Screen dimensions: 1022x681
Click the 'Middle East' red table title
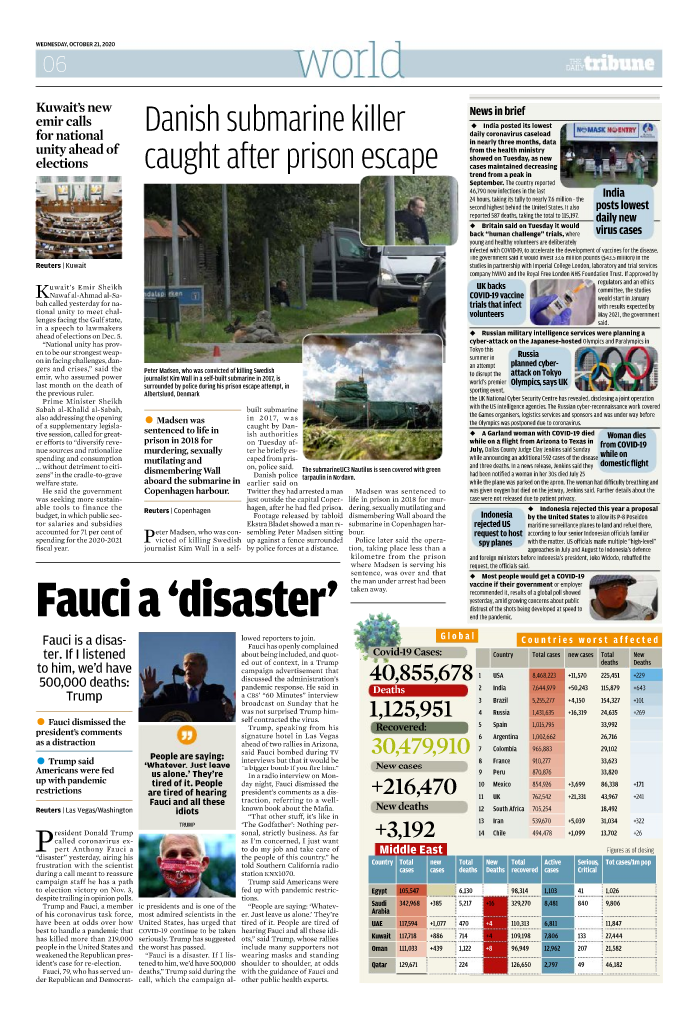pos(411,849)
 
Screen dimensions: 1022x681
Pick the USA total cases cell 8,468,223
pos(544,676)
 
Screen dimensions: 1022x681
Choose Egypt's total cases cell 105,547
pos(408,889)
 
